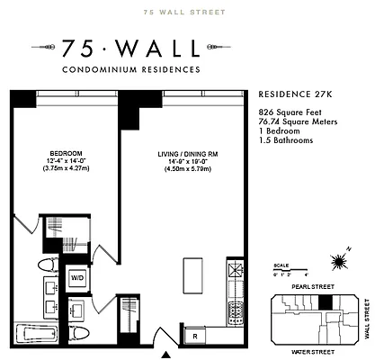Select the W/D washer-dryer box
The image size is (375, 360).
coord(77,279)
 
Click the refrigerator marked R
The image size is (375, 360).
coord(195,337)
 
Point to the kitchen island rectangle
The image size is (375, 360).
coord(191,273)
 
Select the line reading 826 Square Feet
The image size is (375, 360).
coord(288,108)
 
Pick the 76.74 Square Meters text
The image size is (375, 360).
coord(293,117)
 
